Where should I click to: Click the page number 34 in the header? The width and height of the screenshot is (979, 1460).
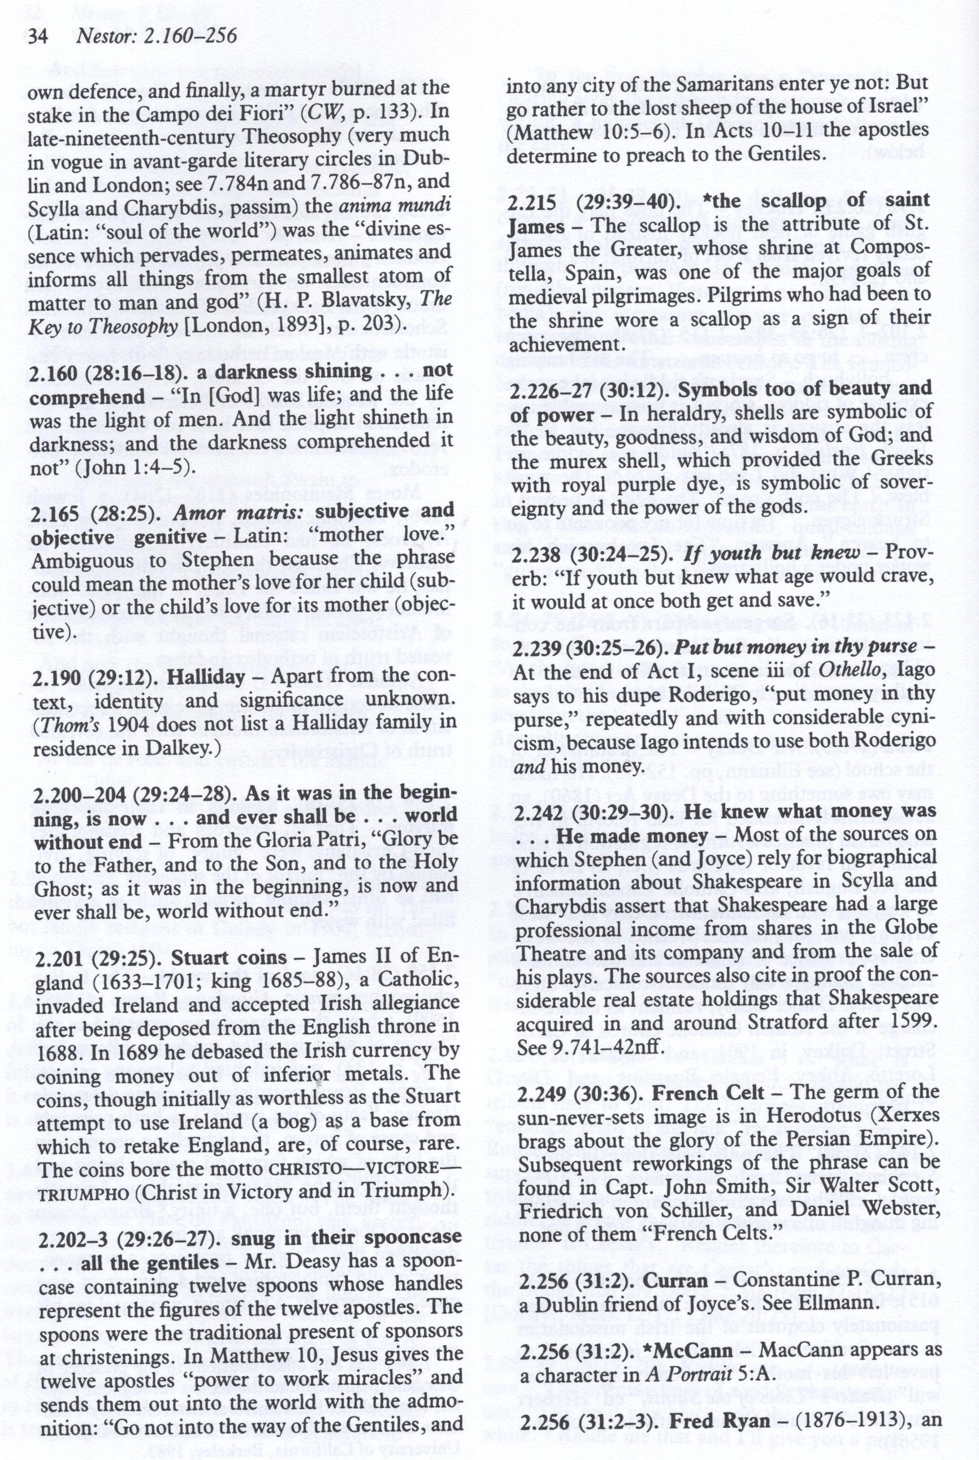point(38,36)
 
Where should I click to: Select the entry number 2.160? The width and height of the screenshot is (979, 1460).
point(53,372)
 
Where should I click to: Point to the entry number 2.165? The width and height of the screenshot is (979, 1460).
point(53,511)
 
